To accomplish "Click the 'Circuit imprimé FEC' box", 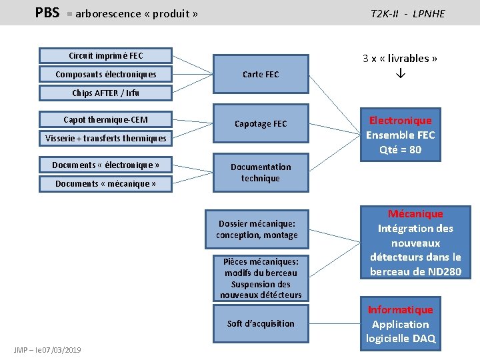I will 105,56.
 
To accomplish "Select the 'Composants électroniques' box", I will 105,75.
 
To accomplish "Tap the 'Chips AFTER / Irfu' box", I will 105,93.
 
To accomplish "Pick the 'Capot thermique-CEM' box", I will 105,120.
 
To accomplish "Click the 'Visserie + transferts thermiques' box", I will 105,139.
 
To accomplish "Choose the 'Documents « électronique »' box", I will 105,165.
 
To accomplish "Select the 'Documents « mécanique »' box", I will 105,183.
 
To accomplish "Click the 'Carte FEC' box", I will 261,75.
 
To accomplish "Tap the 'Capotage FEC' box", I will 261,124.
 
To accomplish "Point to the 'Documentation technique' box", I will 261,173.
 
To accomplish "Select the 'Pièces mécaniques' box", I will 261,278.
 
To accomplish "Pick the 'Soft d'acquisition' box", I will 261,324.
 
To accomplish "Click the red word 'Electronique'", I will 400,121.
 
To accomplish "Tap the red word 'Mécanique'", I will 415,214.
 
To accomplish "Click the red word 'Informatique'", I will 400,310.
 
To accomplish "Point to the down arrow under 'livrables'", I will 400,75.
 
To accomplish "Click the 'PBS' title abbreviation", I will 47,13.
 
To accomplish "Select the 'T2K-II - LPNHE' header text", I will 407,13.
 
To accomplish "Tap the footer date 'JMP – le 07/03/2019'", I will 47,350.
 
